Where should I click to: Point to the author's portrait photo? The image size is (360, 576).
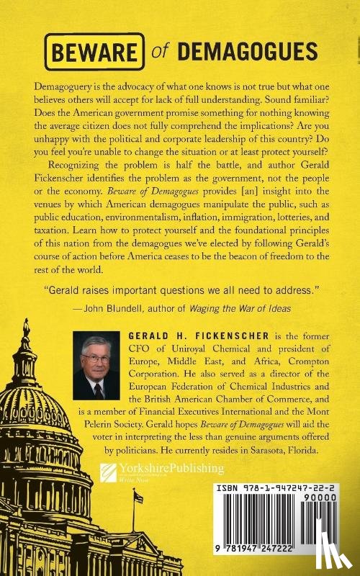pos(96,365)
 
